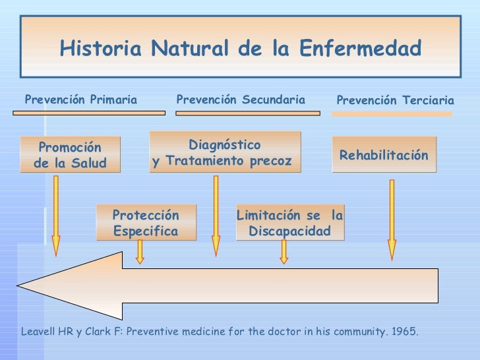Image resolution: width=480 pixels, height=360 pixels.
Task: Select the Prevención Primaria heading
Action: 81,100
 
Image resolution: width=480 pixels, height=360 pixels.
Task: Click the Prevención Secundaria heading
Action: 241,100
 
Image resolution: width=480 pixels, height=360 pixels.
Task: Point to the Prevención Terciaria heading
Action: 395,101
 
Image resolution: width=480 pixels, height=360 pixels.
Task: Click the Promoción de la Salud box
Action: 70,155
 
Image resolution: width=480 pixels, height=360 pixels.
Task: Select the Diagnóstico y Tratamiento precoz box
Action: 224,152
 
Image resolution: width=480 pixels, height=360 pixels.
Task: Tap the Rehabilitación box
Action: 384,155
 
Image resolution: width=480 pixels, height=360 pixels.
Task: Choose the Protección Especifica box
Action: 146,224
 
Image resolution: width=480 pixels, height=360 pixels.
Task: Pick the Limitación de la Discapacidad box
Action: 289,224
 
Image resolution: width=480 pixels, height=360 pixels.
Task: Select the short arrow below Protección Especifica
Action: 140,252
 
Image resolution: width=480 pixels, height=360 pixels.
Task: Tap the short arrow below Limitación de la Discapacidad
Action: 284,252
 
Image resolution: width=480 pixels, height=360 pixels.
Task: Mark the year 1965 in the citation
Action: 404,331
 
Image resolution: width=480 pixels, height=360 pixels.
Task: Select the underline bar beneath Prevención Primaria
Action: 89,113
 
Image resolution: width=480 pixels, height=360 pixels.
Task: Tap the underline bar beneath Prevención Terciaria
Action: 392,114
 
